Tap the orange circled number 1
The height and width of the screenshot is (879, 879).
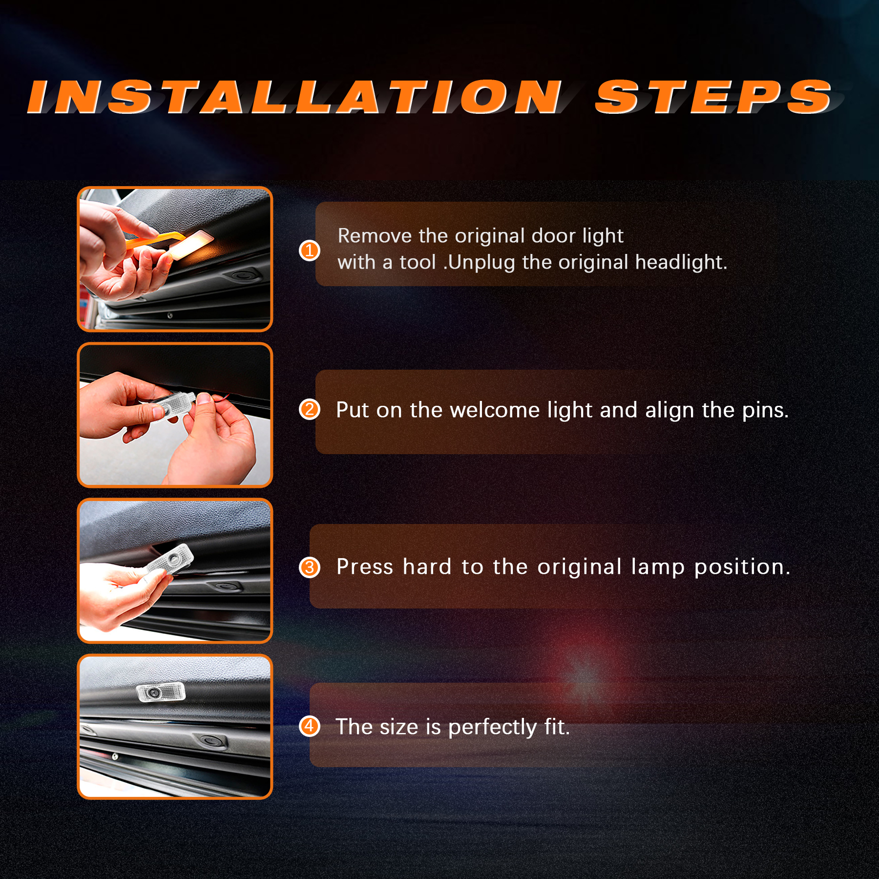click(309, 251)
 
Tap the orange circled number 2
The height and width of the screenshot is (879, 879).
click(309, 410)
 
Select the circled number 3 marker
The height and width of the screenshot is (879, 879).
click(309, 567)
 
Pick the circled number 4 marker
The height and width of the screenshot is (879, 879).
click(309, 726)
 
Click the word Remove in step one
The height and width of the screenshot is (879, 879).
click(375, 236)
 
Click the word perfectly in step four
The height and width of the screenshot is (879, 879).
click(492, 728)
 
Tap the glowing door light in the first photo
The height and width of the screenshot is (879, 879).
click(191, 245)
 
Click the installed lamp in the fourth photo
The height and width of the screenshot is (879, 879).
click(161, 692)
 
